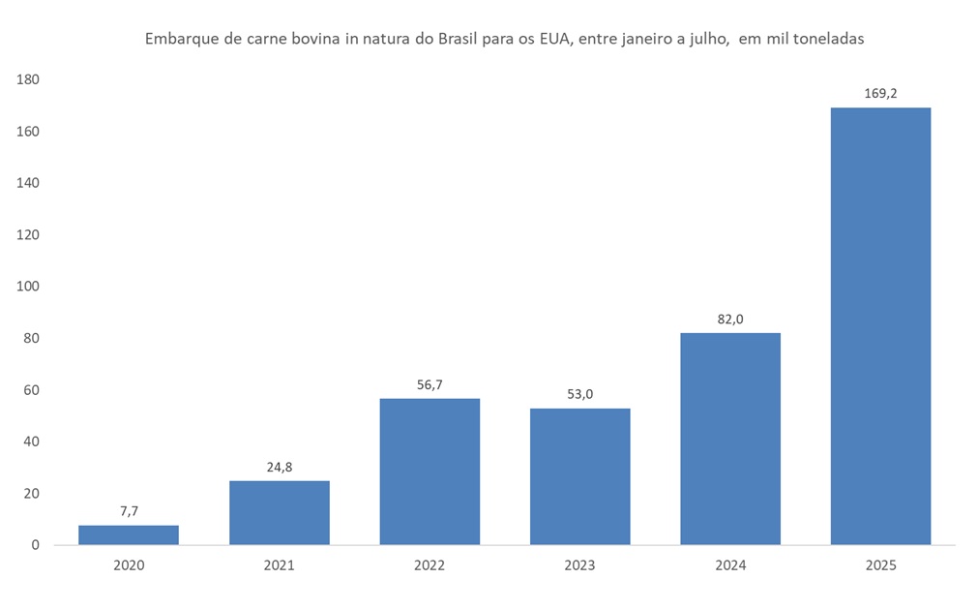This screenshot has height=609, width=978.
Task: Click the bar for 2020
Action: pos(129,534)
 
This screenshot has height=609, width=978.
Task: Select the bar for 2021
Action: pos(280,512)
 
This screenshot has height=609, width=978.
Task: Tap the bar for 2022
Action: pos(430,472)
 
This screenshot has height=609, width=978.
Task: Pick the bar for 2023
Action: pos(580,476)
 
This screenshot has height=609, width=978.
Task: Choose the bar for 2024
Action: pos(730,439)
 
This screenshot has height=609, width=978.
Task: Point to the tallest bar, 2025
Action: pos(880,326)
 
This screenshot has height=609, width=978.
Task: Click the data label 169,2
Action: pos(881,94)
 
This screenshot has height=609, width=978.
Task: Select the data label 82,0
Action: pos(730,320)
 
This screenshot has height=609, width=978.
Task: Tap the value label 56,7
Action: pos(430,384)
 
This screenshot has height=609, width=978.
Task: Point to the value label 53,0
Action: pos(580,394)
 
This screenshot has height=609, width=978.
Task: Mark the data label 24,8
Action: pos(280,468)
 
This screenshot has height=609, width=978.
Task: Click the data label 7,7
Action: pos(129,511)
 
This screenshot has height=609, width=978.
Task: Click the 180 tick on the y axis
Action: pos(27,79)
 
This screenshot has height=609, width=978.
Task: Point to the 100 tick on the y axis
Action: pos(27,287)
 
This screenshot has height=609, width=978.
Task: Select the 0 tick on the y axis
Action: pos(35,545)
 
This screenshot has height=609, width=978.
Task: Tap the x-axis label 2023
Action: pos(580,565)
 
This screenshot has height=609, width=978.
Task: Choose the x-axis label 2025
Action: pos(880,565)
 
